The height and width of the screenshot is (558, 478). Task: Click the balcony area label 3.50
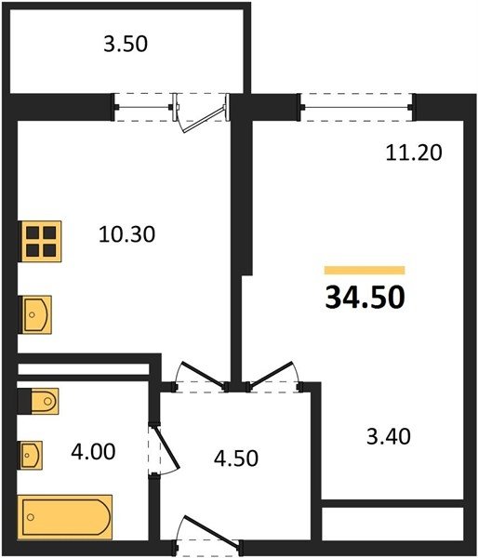126,44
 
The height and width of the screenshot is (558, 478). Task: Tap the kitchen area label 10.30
126,234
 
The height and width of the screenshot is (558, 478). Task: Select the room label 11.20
414,153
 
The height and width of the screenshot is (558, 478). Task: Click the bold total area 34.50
365,298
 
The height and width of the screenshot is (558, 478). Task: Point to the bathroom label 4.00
93,452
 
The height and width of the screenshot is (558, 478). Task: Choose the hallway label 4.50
236,458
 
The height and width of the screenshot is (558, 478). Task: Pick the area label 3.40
389,436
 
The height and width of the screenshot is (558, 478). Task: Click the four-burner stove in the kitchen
41,241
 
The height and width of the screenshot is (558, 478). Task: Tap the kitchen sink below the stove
36,314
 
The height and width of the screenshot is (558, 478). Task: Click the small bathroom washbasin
32,455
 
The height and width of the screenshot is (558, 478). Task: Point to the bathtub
65,517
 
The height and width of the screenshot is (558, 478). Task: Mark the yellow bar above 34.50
365,270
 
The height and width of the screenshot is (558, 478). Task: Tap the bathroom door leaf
166,447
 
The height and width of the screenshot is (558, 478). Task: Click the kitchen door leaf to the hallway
205,374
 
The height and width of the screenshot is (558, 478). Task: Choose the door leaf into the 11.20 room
271,374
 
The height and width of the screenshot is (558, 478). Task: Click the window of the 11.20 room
356,107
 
